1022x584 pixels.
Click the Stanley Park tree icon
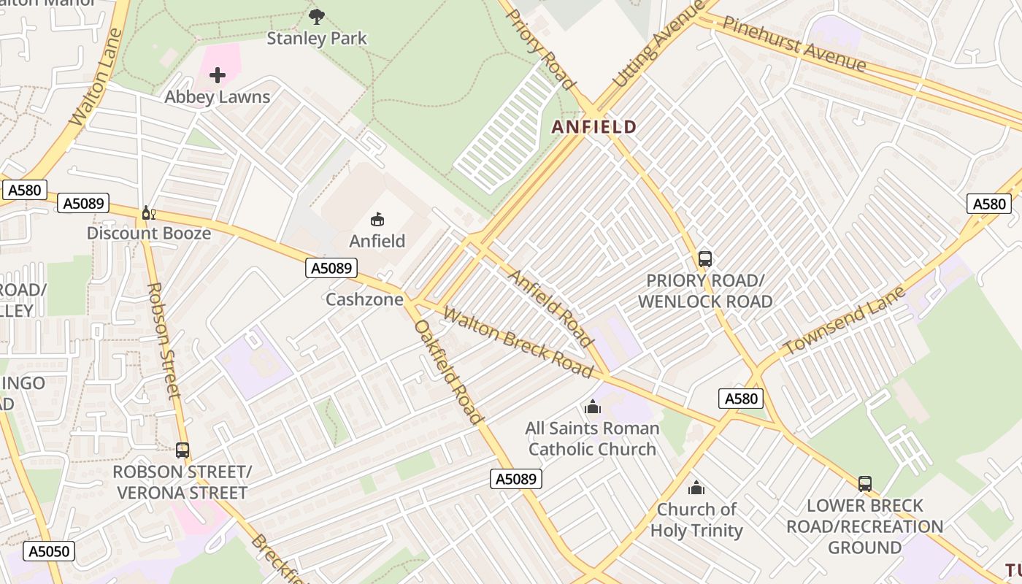tap(317, 16)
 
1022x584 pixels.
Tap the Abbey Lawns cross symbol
tap(217, 74)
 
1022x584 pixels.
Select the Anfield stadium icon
tap(377, 219)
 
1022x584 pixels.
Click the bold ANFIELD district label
tap(593, 127)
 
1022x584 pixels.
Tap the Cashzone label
tap(364, 299)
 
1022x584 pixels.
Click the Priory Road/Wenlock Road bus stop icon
tap(704, 259)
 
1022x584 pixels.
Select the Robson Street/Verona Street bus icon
tap(182, 450)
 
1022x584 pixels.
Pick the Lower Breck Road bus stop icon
tap(865, 483)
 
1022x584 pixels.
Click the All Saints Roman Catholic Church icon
tap(593, 407)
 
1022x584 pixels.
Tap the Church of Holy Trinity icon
tap(696, 488)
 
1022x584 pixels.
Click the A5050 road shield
tap(49, 551)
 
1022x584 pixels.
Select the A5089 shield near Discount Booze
tap(83, 203)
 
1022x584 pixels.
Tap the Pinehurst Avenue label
tap(794, 45)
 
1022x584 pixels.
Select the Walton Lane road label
tap(96, 77)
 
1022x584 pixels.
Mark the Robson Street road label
tap(164, 340)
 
